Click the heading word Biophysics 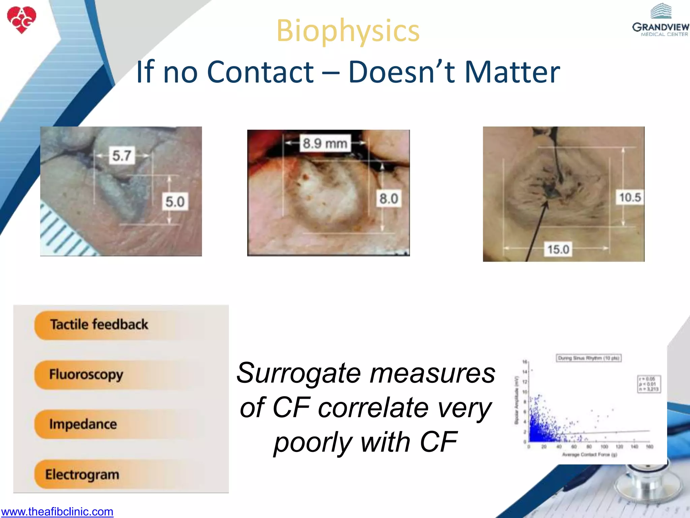pyautogui.click(x=348, y=31)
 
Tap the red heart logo pyautogui.click(x=22, y=20)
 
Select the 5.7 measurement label pyautogui.click(x=122, y=155)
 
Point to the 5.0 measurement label pyautogui.click(x=175, y=202)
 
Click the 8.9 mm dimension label pyautogui.click(x=325, y=143)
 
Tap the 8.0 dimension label pyautogui.click(x=389, y=198)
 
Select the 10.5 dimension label pyautogui.click(x=630, y=197)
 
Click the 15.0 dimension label pyautogui.click(x=558, y=250)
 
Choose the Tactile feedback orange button pyautogui.click(x=99, y=324)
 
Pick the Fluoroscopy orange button pyautogui.click(x=86, y=374)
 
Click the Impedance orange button pyautogui.click(x=83, y=424)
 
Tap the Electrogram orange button pyautogui.click(x=82, y=474)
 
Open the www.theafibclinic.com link pyautogui.click(x=57, y=512)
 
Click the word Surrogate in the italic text pyautogui.click(x=299, y=373)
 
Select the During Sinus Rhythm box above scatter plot pyautogui.click(x=588, y=358)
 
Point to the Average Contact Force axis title pyautogui.click(x=589, y=455)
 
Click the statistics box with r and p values pyautogui.click(x=649, y=384)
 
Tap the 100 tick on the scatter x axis pyautogui.click(x=604, y=447)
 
